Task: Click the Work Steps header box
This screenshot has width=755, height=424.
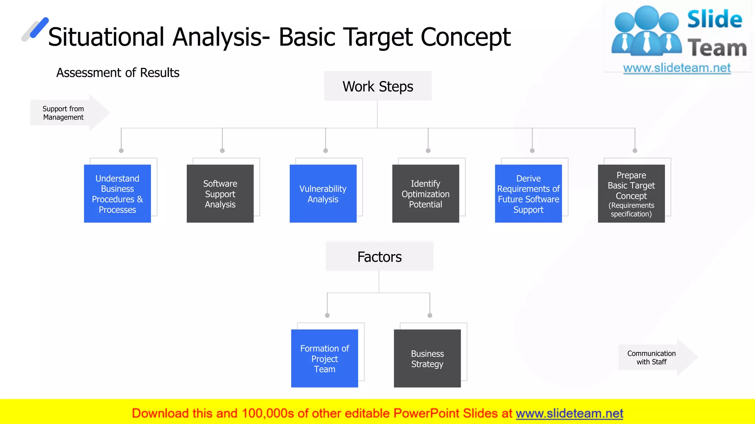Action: (377, 86)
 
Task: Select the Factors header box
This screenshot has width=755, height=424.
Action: (379, 257)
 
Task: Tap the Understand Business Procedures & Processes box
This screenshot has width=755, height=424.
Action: (117, 194)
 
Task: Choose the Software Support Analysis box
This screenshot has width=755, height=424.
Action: (220, 194)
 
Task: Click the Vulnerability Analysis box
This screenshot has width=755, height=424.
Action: (323, 194)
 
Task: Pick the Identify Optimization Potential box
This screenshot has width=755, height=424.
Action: (425, 194)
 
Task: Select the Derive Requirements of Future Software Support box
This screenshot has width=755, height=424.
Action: (528, 194)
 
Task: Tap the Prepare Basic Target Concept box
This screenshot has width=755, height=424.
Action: (631, 194)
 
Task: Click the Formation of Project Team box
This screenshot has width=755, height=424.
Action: (324, 358)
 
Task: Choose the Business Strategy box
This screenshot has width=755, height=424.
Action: (427, 358)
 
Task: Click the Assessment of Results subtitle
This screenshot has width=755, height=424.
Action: (118, 73)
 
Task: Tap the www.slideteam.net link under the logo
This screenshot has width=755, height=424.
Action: (676, 68)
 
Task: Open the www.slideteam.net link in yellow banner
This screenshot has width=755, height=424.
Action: (569, 413)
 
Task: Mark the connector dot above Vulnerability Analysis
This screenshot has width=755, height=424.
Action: (326, 151)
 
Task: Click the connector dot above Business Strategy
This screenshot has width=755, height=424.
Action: (430, 315)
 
